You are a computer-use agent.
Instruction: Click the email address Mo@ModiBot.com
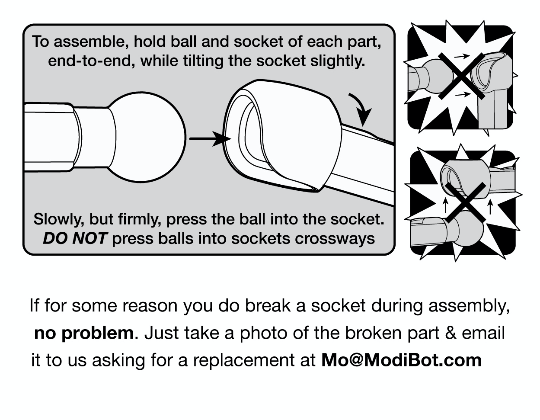pyautogui.click(x=401, y=360)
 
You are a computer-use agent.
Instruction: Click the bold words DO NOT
pyautogui.click(x=74, y=238)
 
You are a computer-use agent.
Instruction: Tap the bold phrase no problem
pyautogui.click(x=83, y=333)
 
